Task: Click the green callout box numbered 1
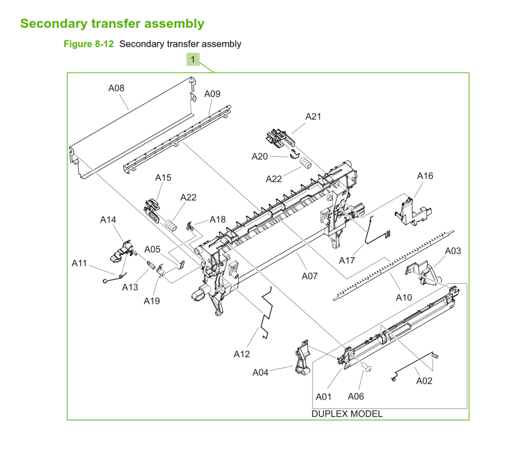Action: click(193, 60)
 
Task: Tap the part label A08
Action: click(116, 88)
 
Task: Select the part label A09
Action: click(212, 94)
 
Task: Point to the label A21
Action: click(313, 117)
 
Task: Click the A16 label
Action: click(425, 176)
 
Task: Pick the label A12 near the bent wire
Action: click(242, 354)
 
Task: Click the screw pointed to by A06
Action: click(366, 367)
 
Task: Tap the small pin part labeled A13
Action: click(151, 265)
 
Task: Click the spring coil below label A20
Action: click(306, 163)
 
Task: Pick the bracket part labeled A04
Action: click(302, 358)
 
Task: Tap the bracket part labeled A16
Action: click(413, 212)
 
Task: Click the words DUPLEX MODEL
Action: click(347, 414)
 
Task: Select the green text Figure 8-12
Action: click(88, 44)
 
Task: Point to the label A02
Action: click(424, 381)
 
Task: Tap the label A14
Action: click(108, 220)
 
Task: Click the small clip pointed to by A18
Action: click(190, 226)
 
